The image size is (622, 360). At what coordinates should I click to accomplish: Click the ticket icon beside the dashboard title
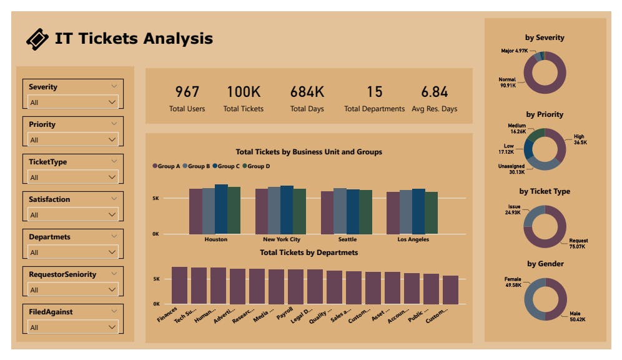point(37,39)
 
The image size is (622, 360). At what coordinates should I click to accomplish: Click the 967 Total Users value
point(187,92)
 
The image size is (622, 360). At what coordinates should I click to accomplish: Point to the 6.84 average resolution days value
point(434,92)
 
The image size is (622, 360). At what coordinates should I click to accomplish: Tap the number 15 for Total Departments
point(374,92)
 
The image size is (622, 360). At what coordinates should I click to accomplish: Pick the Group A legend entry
point(166,166)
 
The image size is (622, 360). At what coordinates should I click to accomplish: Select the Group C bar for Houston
point(221,209)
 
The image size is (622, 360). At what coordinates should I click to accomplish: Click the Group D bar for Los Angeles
point(431,212)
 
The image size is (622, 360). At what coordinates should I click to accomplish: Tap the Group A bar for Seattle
point(327,212)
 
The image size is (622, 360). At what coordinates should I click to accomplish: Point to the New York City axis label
point(282,239)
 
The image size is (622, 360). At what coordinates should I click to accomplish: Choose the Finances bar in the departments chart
point(179,286)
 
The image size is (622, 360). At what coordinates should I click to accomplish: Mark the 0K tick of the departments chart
point(157,304)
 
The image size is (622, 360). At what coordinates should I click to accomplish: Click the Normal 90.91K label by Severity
point(507,82)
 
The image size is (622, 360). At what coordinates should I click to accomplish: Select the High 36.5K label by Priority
point(580,139)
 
